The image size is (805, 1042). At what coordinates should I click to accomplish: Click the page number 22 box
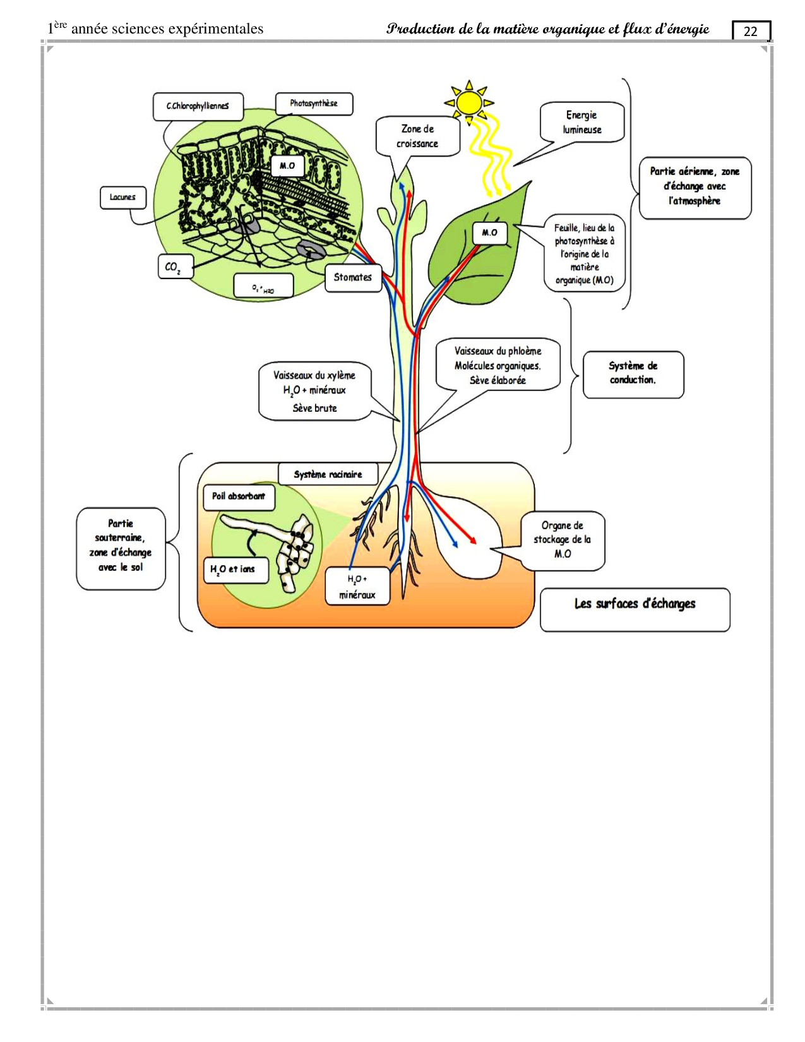click(751, 31)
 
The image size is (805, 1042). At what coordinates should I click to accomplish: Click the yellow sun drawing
click(469, 102)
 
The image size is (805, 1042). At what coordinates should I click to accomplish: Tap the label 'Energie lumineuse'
click(582, 123)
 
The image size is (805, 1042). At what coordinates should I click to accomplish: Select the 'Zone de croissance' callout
click(417, 136)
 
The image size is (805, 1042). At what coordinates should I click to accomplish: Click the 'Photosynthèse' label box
click(314, 104)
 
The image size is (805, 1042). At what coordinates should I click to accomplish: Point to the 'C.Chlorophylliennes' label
click(198, 106)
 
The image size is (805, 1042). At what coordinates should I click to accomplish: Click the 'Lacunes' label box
click(122, 197)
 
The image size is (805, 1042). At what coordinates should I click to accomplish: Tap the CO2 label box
click(173, 267)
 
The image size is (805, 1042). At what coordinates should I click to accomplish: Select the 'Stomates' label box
click(353, 277)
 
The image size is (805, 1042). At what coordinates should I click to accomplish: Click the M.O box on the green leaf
click(489, 233)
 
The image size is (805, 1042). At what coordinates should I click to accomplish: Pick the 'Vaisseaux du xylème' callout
click(314, 392)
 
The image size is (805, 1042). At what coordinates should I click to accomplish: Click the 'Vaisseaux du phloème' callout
click(498, 365)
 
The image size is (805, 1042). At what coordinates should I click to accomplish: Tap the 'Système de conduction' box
click(633, 373)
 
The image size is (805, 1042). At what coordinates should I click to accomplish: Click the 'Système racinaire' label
click(328, 474)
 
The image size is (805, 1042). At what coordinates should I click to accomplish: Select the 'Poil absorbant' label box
click(239, 496)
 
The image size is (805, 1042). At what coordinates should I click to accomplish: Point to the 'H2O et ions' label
click(233, 569)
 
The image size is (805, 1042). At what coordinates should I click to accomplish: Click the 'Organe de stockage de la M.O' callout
click(563, 540)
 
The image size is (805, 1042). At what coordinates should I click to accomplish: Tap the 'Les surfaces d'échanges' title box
click(635, 604)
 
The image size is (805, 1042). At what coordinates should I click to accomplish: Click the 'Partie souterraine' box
click(121, 546)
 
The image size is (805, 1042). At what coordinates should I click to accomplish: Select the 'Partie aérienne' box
click(695, 186)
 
